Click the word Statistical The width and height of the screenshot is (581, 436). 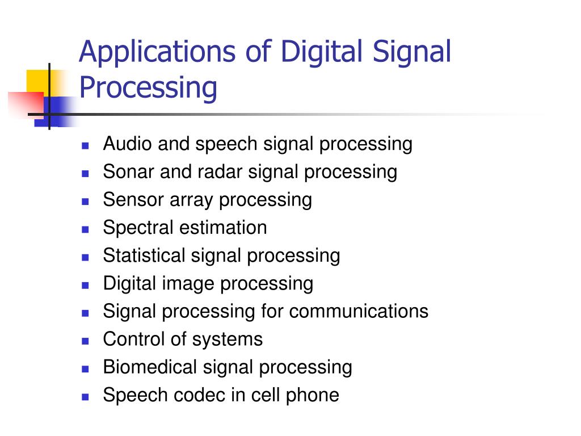[144, 255]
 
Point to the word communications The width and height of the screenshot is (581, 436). [363, 311]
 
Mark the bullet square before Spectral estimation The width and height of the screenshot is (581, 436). [86, 229]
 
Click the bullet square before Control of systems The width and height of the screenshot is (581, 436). [86, 340]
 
